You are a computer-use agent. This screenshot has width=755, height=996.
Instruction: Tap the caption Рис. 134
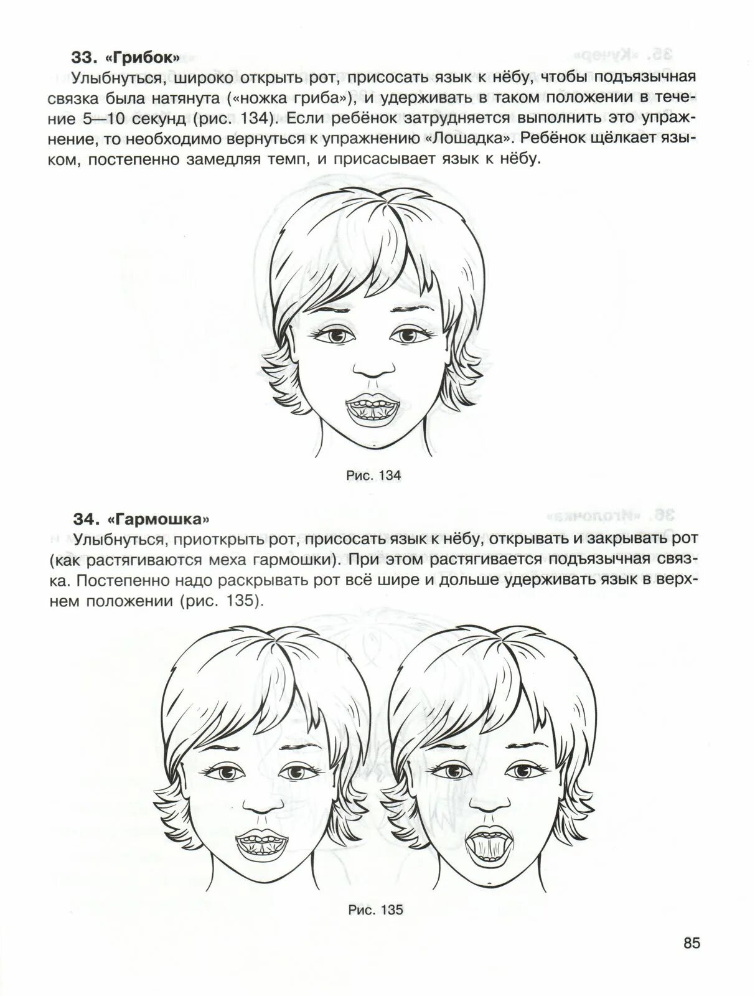[x=373, y=476]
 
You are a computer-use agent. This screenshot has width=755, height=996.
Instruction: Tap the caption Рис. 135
[x=375, y=910]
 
